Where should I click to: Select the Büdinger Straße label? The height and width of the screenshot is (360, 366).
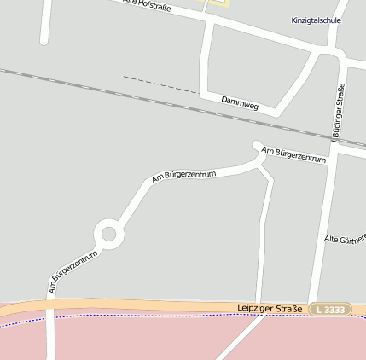tap(340, 110)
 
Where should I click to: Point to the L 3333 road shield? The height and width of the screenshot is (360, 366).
tap(330, 309)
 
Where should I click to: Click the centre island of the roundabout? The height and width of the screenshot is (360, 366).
tap(108, 232)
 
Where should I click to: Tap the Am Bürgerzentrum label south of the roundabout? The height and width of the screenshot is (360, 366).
tap(73, 272)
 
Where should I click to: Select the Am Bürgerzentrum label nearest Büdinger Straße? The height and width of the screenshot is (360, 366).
tap(294, 154)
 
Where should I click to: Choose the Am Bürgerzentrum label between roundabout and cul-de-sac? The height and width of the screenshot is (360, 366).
tap(183, 177)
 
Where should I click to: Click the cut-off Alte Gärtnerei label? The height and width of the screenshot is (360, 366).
tap(345, 240)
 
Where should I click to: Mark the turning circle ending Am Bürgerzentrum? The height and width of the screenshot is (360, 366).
tap(257, 145)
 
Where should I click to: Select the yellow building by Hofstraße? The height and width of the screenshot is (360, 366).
tap(218, 3)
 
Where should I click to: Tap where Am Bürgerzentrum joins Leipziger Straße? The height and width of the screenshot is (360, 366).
tap(49, 305)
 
